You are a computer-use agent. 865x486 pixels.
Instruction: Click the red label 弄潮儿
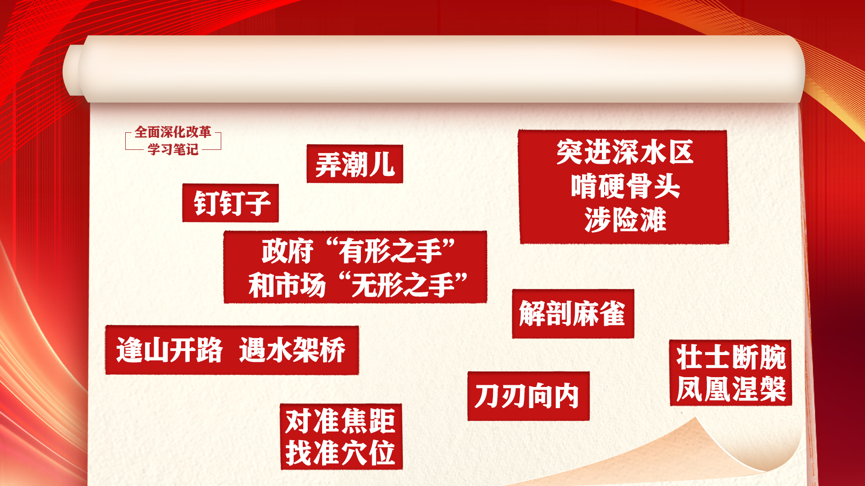[x=355, y=164]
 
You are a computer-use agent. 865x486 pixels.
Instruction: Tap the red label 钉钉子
[x=231, y=203]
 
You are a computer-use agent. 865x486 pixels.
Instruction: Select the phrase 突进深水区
[x=624, y=152]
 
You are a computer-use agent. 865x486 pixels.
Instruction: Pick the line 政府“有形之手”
[x=358, y=251]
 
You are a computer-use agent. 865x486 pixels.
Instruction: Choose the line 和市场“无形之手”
[x=358, y=285]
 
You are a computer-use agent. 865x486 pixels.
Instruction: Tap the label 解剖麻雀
[x=572, y=314]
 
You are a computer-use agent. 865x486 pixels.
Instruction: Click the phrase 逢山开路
[x=169, y=350]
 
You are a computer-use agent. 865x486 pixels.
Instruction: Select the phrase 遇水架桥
[x=292, y=350]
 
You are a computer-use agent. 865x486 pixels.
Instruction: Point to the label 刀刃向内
[x=528, y=396]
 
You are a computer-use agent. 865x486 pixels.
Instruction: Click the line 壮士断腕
[x=731, y=357]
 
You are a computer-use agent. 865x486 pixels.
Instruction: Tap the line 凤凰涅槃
[x=731, y=389]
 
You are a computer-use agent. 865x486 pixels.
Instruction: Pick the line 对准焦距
[x=341, y=421]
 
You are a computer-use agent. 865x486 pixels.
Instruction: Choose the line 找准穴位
[x=341, y=453]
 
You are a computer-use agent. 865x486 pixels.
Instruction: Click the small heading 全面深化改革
[x=173, y=132]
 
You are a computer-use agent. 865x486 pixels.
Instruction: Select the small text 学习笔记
[x=173, y=149]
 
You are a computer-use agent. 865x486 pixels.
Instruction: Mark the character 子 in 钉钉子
[x=258, y=203]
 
